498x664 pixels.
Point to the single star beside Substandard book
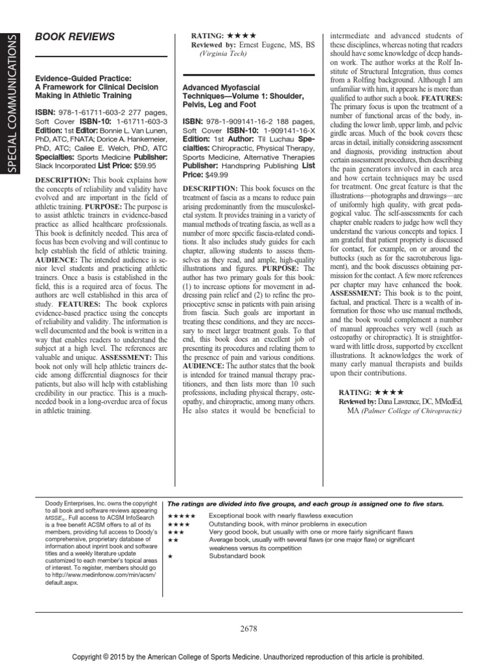pos(170,555)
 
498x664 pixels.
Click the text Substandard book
pos(236,555)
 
